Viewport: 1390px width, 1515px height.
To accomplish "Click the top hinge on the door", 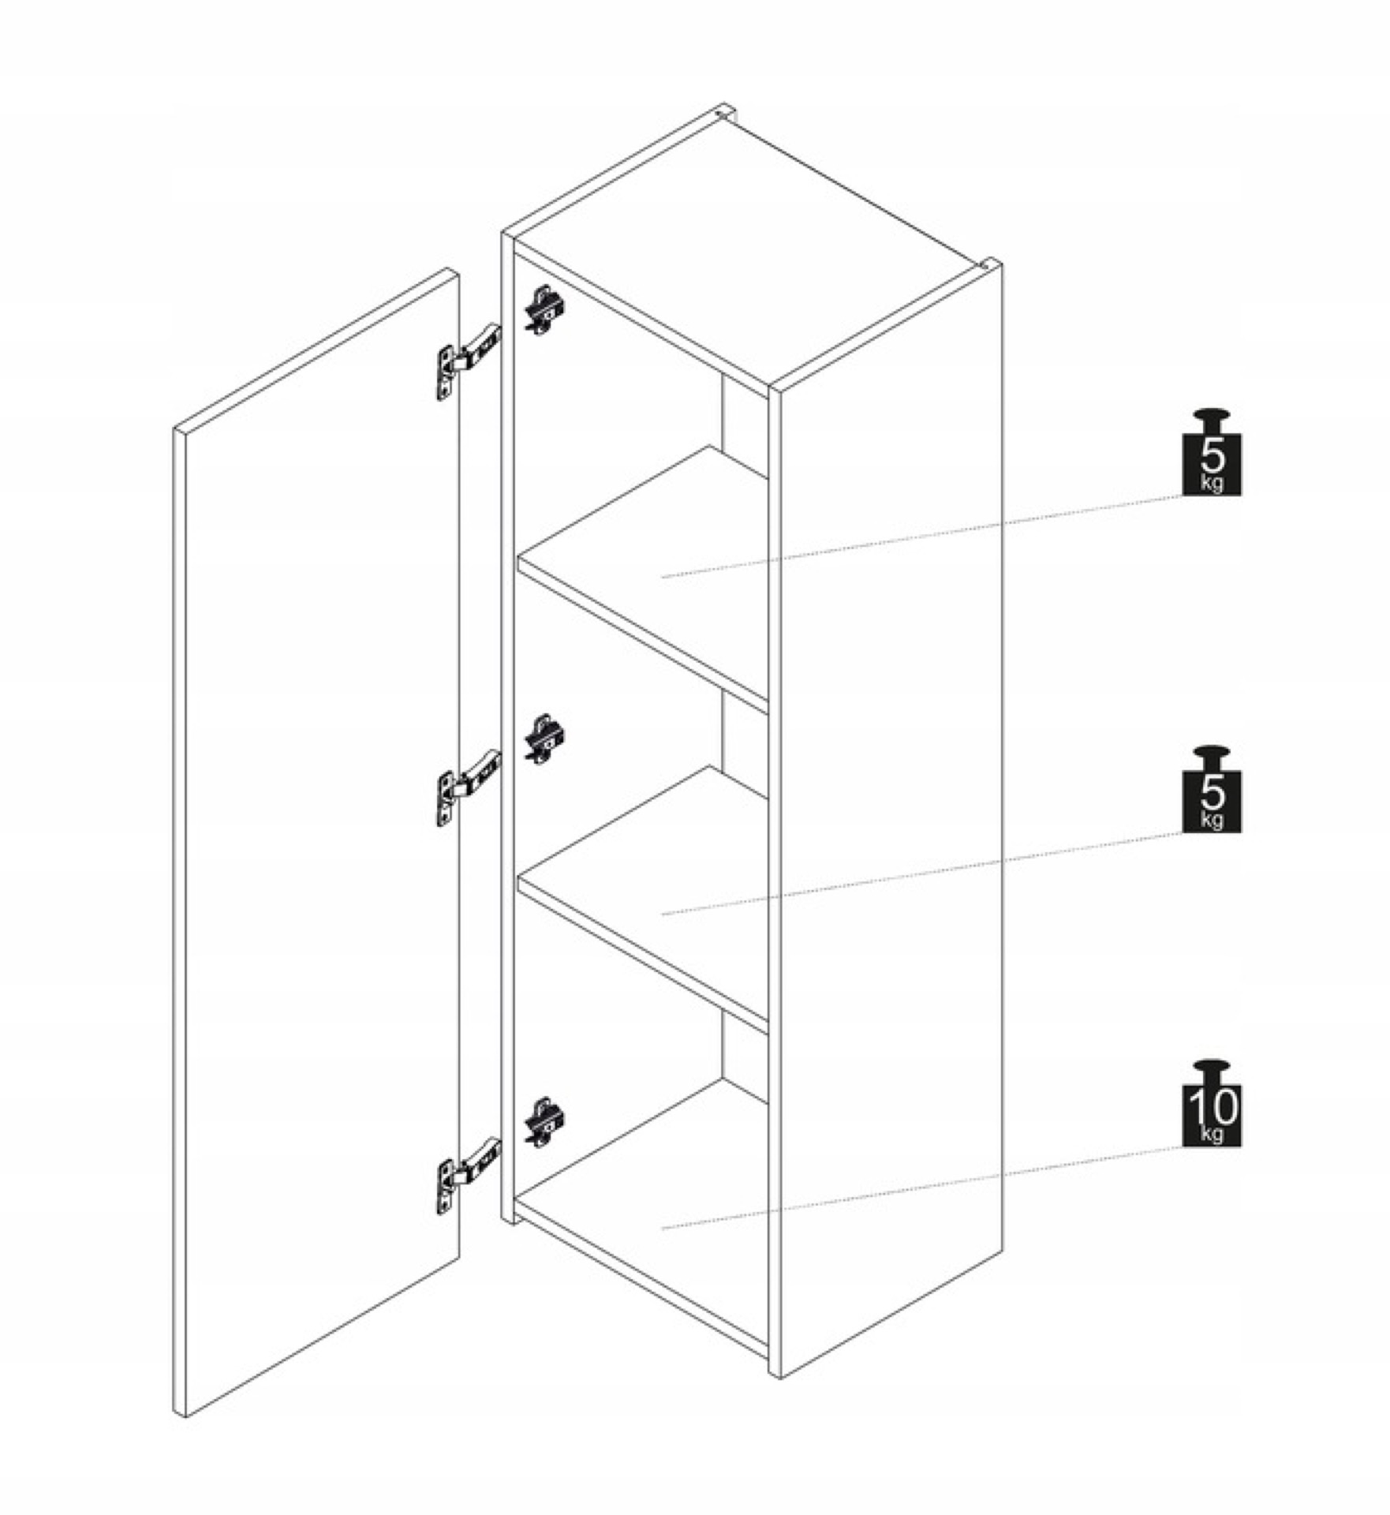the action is (467, 361).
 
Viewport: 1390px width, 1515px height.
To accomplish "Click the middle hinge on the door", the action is (467, 787).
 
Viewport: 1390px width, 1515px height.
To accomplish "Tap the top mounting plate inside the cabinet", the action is (544, 309).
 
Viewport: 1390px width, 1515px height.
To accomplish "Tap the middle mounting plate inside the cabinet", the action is (544, 739).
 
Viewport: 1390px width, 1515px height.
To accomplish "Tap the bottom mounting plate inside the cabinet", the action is (544, 1122).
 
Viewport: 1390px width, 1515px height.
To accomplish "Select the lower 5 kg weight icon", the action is (1211, 788).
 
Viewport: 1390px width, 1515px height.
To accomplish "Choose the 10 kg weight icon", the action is (1211, 1102).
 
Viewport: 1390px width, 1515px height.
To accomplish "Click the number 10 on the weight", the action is (1212, 1107).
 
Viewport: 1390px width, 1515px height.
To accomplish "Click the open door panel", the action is (316, 844).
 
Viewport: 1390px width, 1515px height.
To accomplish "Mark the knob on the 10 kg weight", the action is (1211, 1070).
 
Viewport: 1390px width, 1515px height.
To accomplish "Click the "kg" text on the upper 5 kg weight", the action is (1211, 483).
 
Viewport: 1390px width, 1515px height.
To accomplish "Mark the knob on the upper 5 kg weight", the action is (1211, 419).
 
